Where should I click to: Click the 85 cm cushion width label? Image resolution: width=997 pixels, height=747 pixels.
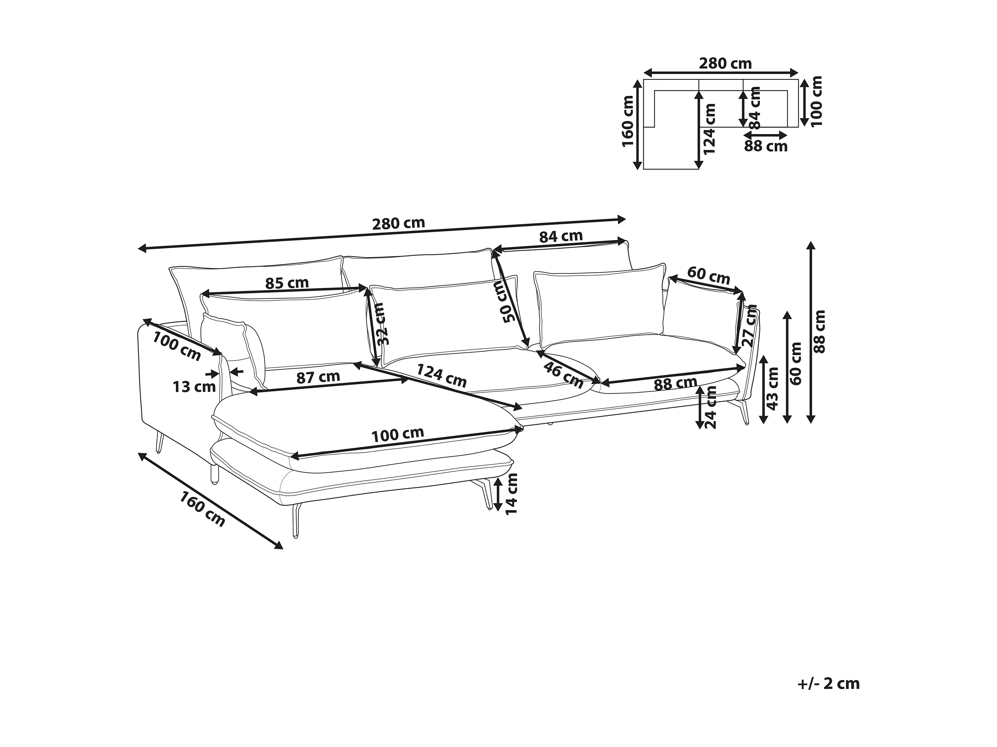pos(287,283)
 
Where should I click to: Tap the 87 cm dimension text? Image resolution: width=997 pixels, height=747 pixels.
pos(318,377)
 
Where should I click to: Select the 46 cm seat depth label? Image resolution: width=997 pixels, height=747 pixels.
pos(563,375)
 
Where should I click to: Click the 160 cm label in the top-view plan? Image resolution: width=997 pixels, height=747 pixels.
pos(628,121)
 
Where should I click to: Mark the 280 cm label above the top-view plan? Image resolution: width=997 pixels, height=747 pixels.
pos(725,63)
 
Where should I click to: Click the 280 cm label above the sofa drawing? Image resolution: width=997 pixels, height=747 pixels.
pos(398,223)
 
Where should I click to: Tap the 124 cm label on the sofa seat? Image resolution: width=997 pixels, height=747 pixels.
pos(441,375)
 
